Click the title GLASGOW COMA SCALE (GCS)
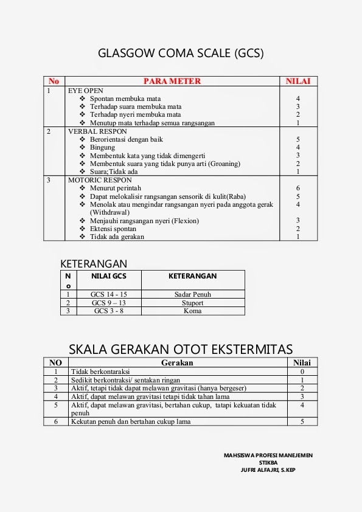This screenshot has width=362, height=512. pos(181,54)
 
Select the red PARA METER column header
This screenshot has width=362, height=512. pos(172,81)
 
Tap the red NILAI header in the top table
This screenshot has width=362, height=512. pos(298,81)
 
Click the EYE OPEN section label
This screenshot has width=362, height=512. pos(86,90)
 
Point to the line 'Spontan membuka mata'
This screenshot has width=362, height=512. pos(125,99)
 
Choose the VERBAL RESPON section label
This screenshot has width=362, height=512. pos(97,131)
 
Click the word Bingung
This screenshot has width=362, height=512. pos(102,147)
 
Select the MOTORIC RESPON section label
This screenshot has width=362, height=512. pos(100,180)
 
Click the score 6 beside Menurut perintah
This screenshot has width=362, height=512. pos(298,189)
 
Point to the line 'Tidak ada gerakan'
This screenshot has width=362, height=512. pos(117,237)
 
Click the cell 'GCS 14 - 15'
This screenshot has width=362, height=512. pos(109,294)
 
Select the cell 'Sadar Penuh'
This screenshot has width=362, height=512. pos(192,294)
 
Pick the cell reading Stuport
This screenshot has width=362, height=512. pos(192,303)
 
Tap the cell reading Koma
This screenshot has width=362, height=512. pos(192,311)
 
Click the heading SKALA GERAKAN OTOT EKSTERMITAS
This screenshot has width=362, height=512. pos(181,349)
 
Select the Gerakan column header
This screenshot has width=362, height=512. pos(177,362)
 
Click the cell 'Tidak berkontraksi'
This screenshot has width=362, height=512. pos(100,372)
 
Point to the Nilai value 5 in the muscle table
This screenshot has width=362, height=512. pos(302,421)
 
